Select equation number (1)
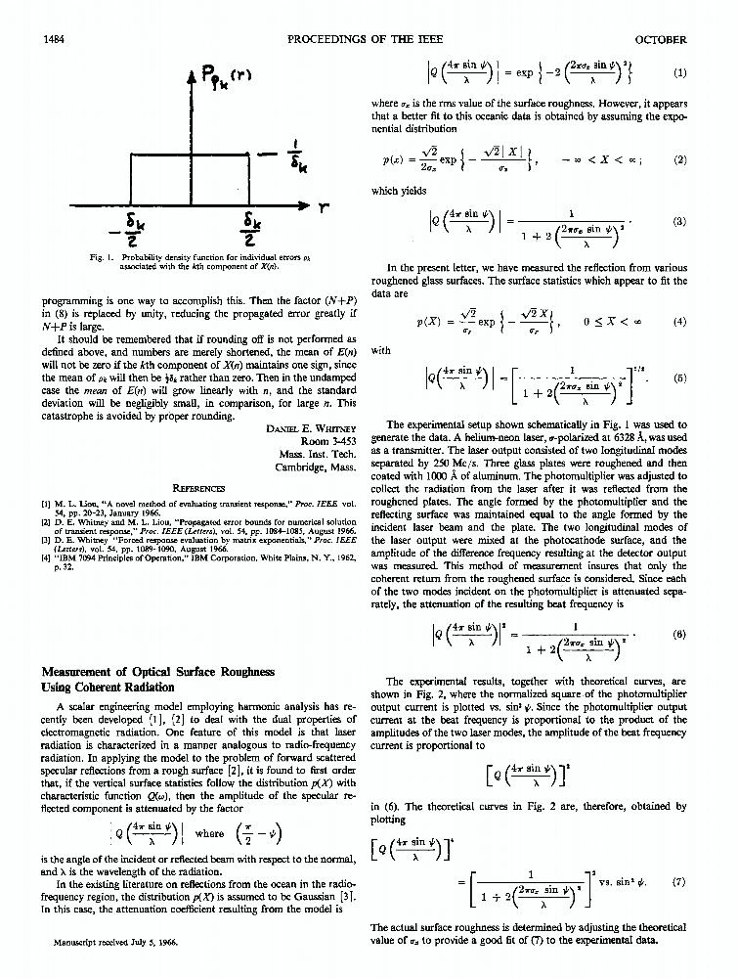point(680,72)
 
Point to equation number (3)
point(680,221)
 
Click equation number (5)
point(680,378)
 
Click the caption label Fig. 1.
point(96,256)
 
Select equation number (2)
point(680,158)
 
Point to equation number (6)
point(680,634)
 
